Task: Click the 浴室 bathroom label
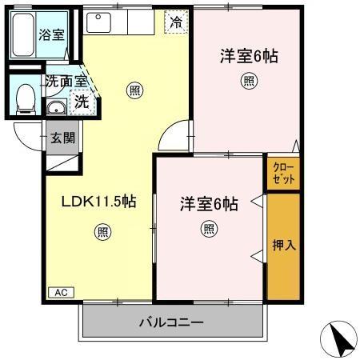click(52, 34)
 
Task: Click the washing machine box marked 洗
click(81, 101)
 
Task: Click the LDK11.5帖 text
click(98, 202)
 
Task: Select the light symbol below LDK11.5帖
click(103, 232)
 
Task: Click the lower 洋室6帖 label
click(209, 203)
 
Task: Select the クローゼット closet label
click(283, 174)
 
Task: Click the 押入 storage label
click(285, 246)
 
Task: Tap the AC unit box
click(60, 293)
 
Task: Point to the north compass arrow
click(340, 340)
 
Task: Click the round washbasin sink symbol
click(58, 108)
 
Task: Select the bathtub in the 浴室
click(23, 34)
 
